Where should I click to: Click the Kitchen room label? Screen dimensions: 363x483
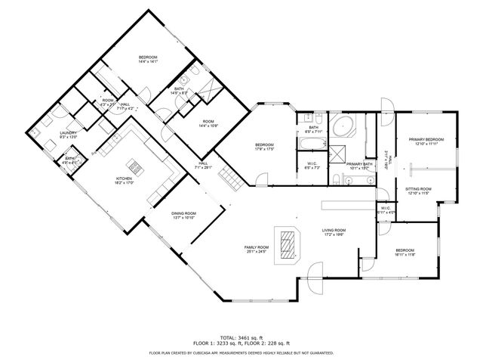pos(125,178)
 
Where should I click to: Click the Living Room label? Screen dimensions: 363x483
pos(334,230)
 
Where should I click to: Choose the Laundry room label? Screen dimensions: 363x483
pos(68,133)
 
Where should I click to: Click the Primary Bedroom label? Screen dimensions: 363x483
pos(426,139)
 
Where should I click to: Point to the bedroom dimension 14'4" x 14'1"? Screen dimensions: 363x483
pos(148,63)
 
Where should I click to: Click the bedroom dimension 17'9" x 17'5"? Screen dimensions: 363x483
pos(263,149)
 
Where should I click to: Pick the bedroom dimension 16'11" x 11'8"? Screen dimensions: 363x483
pos(405,255)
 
